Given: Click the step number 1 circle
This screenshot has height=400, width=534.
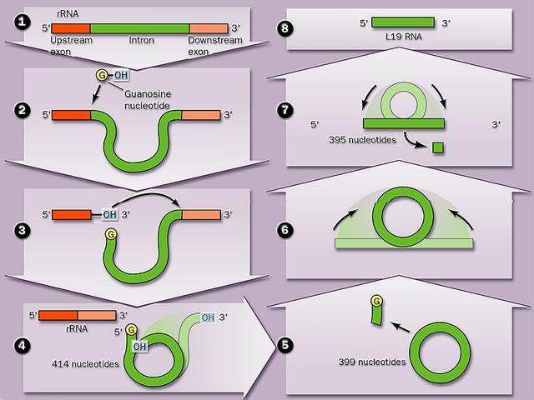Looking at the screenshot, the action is [x=23, y=22].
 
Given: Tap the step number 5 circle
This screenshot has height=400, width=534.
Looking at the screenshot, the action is [x=285, y=345].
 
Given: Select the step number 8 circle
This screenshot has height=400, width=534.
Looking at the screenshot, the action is [x=285, y=28].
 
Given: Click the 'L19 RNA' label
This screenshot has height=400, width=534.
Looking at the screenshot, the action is [x=404, y=37].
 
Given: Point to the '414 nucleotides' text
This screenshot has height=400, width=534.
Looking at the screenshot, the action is [x=85, y=364].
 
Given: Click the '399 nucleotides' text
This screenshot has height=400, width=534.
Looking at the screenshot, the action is [x=372, y=362].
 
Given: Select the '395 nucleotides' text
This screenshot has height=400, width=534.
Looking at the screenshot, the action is [x=362, y=140].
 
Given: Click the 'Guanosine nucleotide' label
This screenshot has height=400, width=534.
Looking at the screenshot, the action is [x=148, y=100].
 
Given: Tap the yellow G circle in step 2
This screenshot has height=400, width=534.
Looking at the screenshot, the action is [x=102, y=75].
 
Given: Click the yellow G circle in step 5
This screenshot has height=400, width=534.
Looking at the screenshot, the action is [x=376, y=302].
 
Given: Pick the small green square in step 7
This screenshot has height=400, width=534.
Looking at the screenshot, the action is [x=438, y=147].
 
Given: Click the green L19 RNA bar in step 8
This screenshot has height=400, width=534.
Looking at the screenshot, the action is [x=403, y=22].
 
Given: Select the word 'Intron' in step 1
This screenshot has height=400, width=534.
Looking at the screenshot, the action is [x=141, y=40].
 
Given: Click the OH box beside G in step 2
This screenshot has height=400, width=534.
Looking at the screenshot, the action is [x=121, y=75].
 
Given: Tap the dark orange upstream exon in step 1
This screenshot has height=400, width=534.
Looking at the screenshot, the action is [x=71, y=28].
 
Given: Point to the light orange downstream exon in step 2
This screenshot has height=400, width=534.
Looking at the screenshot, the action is [x=201, y=115].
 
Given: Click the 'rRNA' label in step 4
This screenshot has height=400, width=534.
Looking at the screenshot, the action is [x=77, y=328].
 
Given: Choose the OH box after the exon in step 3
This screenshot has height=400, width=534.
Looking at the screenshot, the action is [x=109, y=215].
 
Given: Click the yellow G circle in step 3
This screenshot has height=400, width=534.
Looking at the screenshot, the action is [x=111, y=234].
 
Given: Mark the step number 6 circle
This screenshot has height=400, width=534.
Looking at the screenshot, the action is [x=285, y=230].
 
